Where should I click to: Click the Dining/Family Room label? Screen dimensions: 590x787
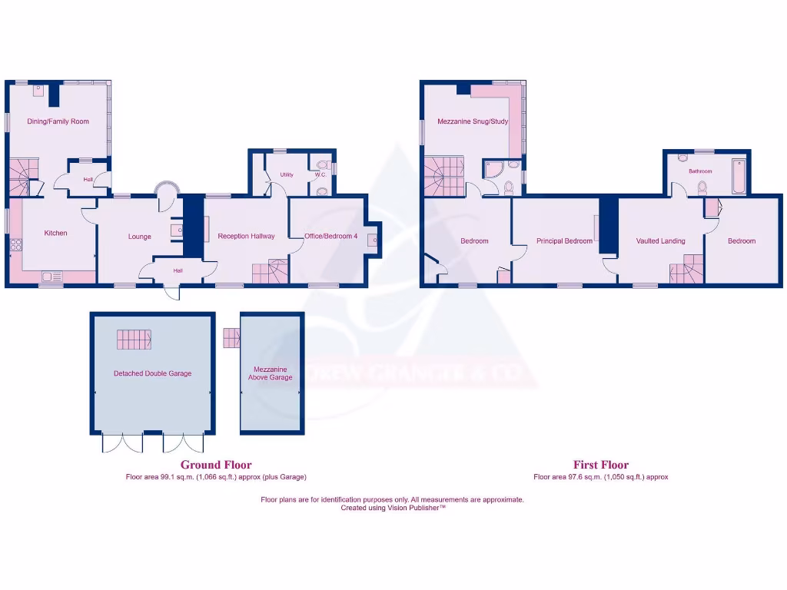tap(58, 121)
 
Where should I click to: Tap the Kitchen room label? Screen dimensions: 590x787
tap(55, 233)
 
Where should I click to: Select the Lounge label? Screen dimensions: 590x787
tap(139, 237)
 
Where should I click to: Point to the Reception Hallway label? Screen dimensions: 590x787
tap(246, 237)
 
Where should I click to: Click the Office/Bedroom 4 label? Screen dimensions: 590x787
tap(330, 237)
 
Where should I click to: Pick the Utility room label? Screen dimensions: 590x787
tap(287, 175)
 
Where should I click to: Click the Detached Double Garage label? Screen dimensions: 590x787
tap(152, 373)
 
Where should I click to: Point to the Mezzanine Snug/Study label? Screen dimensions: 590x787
tap(473, 121)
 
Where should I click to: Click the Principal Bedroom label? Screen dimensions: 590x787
tap(564, 241)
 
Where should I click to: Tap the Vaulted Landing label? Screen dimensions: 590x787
tap(660, 241)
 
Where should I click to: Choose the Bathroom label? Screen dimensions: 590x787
tap(700, 171)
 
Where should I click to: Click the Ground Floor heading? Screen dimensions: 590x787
tap(216, 465)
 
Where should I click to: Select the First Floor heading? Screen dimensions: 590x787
tap(601, 465)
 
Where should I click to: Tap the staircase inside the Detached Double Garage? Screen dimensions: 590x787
tap(134, 339)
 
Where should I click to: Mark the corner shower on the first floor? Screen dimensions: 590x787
tap(493, 169)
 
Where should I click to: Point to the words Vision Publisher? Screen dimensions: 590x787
tap(417, 508)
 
